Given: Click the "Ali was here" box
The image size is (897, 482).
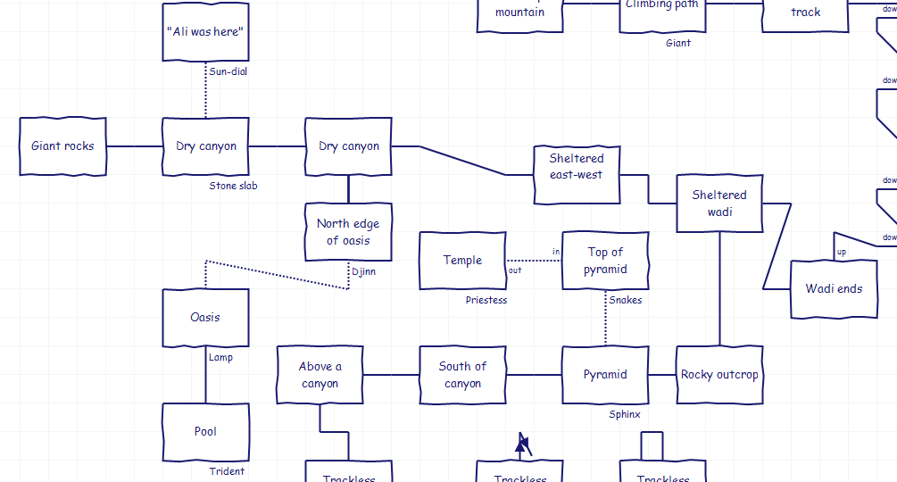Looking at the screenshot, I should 205,31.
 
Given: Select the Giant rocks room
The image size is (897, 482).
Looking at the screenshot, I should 62,146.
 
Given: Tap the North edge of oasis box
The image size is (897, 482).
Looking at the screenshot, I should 348,232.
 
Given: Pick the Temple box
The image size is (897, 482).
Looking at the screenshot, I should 462,261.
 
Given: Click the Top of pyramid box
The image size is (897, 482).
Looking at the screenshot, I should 605,261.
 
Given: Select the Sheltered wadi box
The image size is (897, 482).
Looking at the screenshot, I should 719,204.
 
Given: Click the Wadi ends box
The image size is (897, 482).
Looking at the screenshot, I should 834,289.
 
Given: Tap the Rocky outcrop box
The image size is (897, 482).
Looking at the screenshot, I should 719,375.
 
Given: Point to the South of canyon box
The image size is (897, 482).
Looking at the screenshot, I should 462,375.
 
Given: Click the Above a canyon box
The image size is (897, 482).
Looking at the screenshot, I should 320,375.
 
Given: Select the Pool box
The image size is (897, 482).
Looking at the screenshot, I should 205,432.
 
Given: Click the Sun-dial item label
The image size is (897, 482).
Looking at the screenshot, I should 228,71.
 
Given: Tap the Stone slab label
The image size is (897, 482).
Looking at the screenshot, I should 233,186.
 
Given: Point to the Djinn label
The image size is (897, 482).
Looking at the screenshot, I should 363,271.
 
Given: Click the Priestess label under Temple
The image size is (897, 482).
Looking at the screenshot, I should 486,300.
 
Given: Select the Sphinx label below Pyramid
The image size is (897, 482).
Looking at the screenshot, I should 625,414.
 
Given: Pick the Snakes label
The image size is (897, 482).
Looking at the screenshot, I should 626,300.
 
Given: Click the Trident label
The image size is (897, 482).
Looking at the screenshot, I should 227,471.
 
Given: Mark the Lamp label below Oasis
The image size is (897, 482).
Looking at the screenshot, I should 220,357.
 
